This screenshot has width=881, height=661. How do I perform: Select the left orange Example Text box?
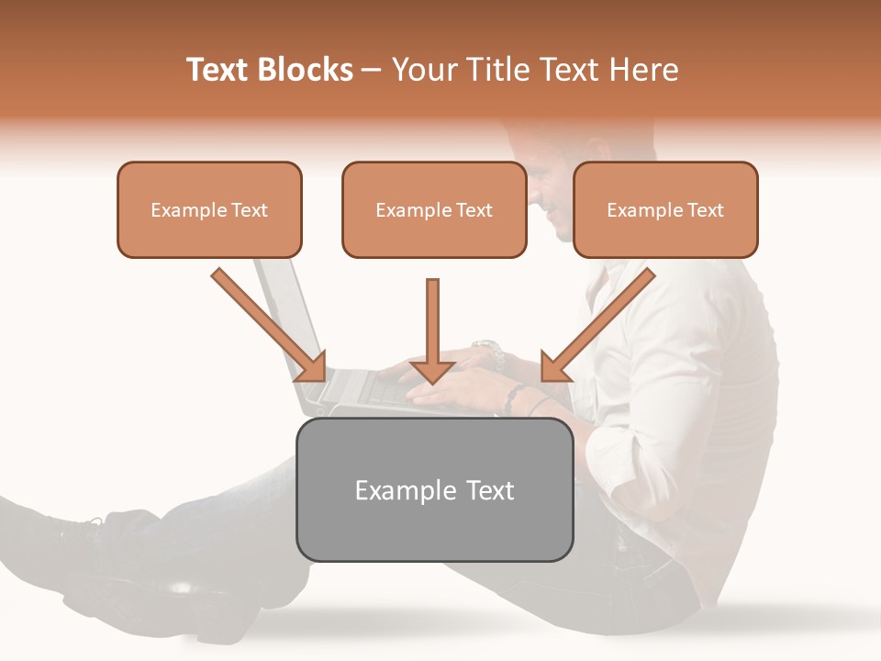(209, 209)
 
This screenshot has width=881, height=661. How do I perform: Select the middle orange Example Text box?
(434, 209)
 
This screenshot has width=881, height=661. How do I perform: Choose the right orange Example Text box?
(665, 209)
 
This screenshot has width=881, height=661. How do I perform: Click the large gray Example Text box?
(434, 489)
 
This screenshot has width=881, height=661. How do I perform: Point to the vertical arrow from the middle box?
(432, 321)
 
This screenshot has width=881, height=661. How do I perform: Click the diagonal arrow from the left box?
(266, 321)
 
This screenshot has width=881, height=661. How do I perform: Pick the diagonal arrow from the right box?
(601, 321)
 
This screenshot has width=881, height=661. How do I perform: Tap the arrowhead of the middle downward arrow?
(432, 371)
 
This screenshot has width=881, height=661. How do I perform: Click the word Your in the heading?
(420, 70)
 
